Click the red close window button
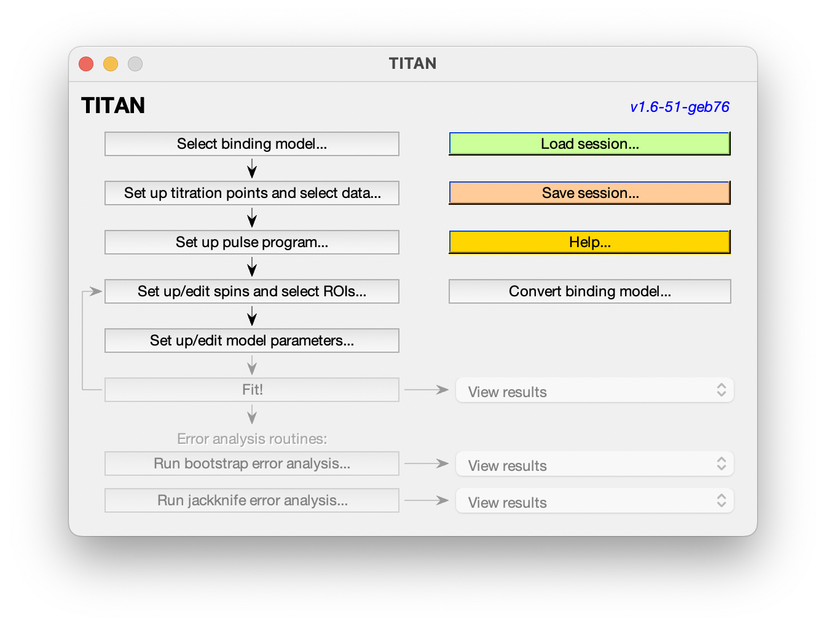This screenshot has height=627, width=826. (x=86, y=63)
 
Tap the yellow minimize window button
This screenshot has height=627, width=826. (x=110, y=63)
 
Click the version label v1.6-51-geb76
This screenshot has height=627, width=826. (x=679, y=107)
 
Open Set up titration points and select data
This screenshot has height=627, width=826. (x=252, y=192)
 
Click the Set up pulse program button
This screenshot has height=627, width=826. (x=252, y=242)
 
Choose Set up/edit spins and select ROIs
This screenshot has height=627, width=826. (x=252, y=291)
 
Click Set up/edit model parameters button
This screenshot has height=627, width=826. (x=252, y=341)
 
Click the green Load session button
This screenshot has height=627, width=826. (x=589, y=143)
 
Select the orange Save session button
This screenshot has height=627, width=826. (x=589, y=192)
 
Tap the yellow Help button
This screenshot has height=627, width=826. (x=589, y=242)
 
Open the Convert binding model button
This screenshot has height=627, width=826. (x=589, y=291)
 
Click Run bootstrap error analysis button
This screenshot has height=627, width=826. (x=252, y=463)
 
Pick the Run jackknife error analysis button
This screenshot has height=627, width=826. (x=252, y=500)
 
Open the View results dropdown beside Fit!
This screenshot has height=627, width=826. (x=594, y=390)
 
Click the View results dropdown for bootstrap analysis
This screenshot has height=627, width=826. (x=594, y=463)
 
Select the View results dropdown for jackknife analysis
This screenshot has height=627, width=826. (x=594, y=500)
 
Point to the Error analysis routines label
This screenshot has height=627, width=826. (x=252, y=439)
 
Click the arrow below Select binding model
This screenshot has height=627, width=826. (x=252, y=168)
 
